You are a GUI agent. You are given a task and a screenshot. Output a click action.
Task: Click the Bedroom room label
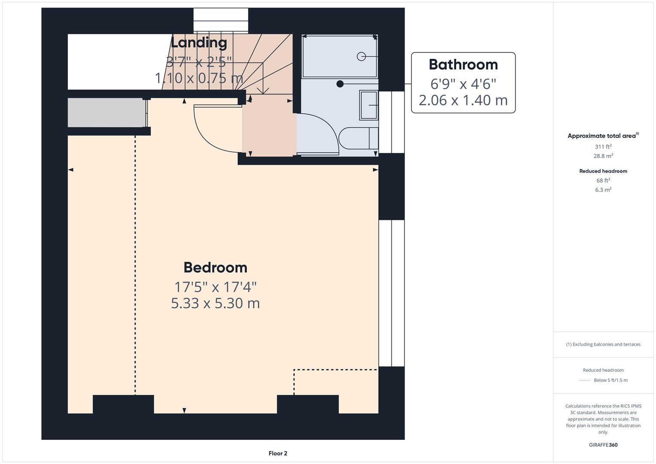(x=215, y=267)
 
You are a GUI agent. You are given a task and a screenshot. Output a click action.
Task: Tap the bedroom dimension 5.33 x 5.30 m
(x=215, y=303)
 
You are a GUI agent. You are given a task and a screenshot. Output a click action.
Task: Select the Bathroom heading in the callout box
(x=463, y=64)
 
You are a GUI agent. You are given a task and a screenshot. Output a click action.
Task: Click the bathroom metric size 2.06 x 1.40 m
(x=463, y=100)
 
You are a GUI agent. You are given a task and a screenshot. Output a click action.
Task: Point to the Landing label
(x=198, y=43)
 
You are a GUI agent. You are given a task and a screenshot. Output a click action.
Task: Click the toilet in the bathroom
(x=357, y=138)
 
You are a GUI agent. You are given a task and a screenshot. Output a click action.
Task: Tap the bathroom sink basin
(x=368, y=105)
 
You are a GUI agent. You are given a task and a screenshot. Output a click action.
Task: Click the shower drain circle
(x=361, y=56)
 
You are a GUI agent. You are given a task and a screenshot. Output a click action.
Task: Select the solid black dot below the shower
(x=340, y=84)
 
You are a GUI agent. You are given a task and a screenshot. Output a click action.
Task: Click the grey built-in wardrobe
(x=106, y=113)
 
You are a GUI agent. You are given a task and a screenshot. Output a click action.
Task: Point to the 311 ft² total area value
(x=603, y=147)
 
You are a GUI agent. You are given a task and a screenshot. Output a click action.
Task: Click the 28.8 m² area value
(x=603, y=156)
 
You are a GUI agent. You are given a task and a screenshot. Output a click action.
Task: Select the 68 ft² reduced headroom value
(x=603, y=180)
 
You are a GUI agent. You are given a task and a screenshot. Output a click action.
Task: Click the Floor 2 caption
(x=278, y=453)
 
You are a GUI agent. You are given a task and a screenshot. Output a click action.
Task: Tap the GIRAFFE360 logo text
(x=603, y=445)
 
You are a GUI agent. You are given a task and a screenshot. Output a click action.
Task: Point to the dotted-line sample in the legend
(x=585, y=380)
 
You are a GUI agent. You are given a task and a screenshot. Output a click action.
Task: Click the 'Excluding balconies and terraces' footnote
(x=603, y=344)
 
